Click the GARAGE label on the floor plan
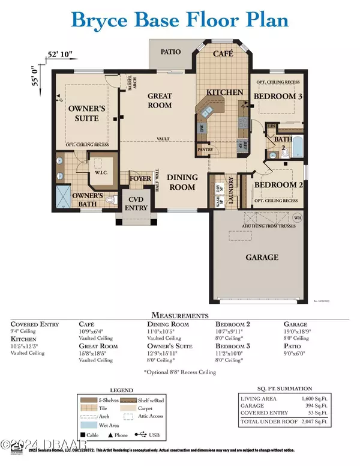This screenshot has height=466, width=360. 262,257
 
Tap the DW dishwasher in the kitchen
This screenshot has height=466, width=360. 201,128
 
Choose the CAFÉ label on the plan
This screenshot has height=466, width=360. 224,54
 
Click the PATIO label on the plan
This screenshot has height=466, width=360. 171,52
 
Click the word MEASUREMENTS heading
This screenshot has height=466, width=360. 180,315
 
